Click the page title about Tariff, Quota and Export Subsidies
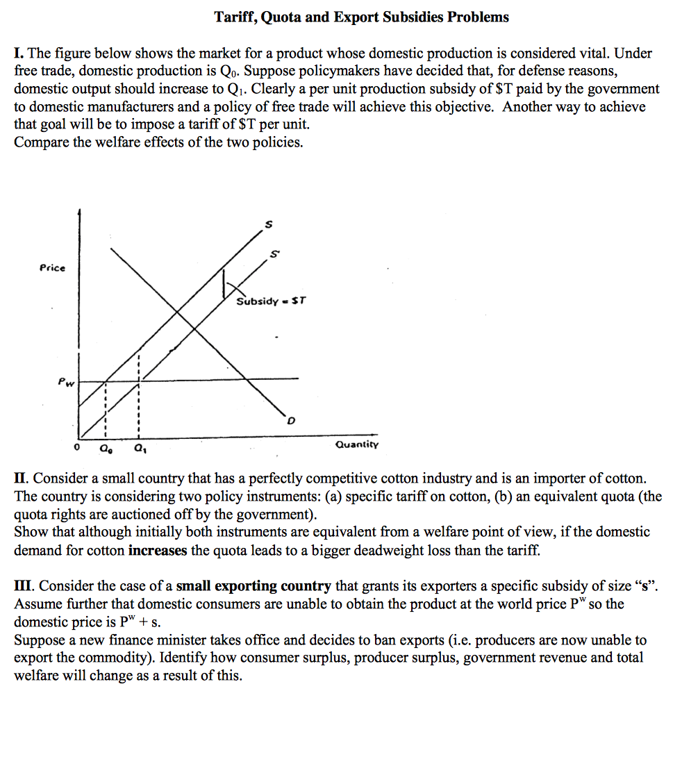(x=361, y=17)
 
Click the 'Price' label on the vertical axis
(x=52, y=268)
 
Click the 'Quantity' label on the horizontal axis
(x=357, y=444)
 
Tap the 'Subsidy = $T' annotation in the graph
(x=271, y=301)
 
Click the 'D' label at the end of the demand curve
(x=291, y=421)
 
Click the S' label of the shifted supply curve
(x=275, y=254)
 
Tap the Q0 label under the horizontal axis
(x=104, y=449)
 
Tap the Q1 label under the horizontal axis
(x=141, y=449)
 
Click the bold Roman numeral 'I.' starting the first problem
(x=19, y=53)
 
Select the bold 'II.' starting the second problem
(x=22, y=478)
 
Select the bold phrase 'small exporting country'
(x=253, y=587)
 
